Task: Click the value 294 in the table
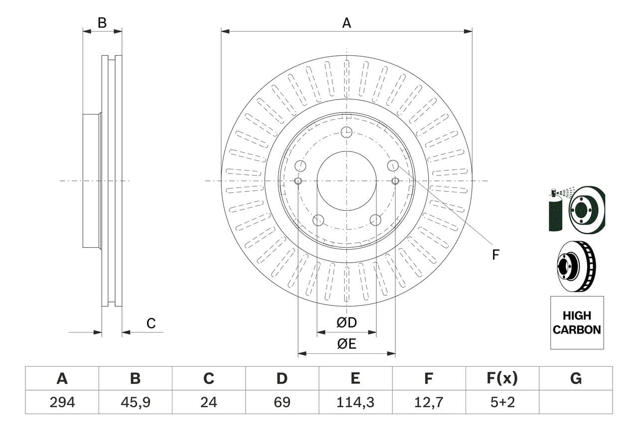(62, 402)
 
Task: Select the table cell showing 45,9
(135, 402)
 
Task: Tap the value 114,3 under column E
(355, 402)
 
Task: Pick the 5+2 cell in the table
(502, 402)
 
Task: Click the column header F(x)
(502, 379)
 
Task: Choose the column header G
(576, 379)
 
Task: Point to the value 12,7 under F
(428, 402)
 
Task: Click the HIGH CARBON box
(577, 322)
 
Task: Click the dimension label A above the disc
(346, 23)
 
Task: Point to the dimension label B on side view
(102, 23)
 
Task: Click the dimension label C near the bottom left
(151, 323)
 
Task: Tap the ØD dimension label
(346, 323)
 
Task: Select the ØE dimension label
(346, 344)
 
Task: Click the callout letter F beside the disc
(495, 255)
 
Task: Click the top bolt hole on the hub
(346, 132)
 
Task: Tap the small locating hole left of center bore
(298, 180)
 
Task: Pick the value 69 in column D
(282, 402)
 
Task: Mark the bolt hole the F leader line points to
(393, 165)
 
